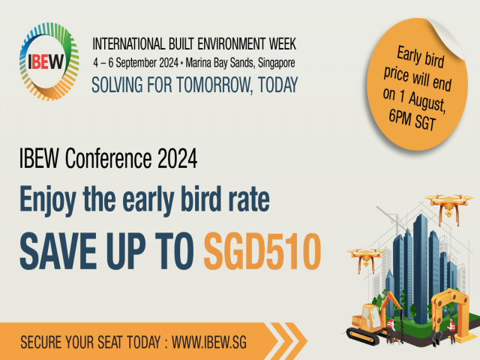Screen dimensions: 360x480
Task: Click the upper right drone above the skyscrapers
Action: pos(448,203)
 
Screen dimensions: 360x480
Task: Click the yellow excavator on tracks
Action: pos(370,322)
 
